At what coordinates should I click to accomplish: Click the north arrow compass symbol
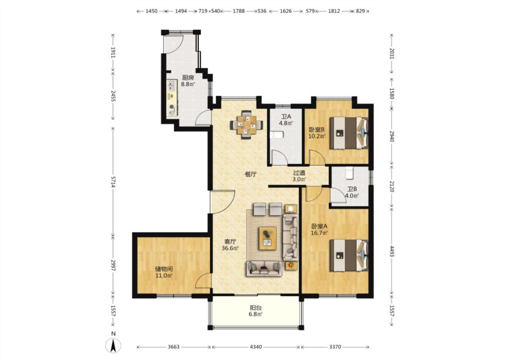(113, 346)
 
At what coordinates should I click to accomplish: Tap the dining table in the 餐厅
(246, 125)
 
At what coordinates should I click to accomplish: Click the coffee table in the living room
(267, 238)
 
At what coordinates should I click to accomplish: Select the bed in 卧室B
(349, 133)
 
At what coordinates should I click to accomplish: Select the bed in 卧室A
(349, 256)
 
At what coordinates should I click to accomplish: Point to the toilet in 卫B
(349, 173)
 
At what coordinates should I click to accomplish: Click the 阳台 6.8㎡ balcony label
(255, 311)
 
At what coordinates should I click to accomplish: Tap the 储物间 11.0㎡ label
(164, 272)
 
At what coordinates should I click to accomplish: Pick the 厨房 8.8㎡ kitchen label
(188, 81)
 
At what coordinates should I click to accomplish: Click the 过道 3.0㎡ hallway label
(299, 176)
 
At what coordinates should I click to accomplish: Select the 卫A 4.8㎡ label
(286, 119)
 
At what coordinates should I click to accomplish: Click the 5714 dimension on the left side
(113, 182)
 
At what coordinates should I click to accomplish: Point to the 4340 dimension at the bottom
(256, 347)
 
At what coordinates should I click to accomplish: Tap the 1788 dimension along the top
(238, 11)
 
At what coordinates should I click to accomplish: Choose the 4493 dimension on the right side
(392, 252)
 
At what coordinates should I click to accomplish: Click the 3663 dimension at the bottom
(174, 347)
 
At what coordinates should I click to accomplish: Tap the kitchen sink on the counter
(171, 85)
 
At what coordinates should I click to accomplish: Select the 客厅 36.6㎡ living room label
(230, 245)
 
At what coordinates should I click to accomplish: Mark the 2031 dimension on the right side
(392, 53)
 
